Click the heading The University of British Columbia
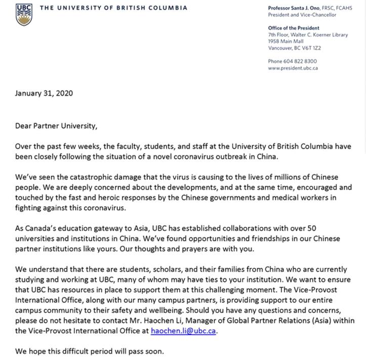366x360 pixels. point(113,8)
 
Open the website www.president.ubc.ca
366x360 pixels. point(293,68)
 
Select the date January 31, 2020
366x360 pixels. point(44,93)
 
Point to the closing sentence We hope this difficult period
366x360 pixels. point(89,350)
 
